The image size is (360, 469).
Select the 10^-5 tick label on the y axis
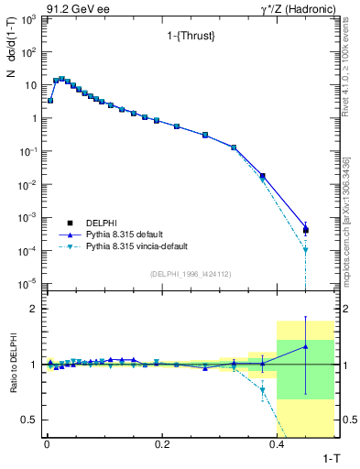click(x=27, y=284)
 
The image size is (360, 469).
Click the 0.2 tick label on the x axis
click(x=162, y=443)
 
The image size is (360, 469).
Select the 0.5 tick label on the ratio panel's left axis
click(x=29, y=420)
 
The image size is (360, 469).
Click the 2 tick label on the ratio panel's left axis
click(x=34, y=309)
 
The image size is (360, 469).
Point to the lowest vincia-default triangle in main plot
click(x=306, y=249)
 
